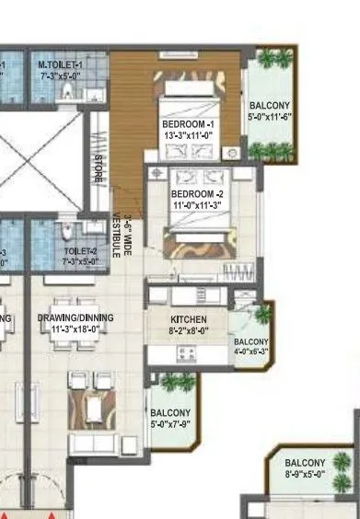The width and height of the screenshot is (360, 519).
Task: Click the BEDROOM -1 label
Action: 188,123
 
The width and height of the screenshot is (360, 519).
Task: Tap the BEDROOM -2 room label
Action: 198,194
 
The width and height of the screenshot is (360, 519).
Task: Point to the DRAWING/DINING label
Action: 75,317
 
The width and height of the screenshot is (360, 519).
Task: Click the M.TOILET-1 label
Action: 61,65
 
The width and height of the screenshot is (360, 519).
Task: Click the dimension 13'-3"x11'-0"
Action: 188,135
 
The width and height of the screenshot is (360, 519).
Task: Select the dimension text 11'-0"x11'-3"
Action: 198,206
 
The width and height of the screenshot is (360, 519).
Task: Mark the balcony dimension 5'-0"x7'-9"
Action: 170,423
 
